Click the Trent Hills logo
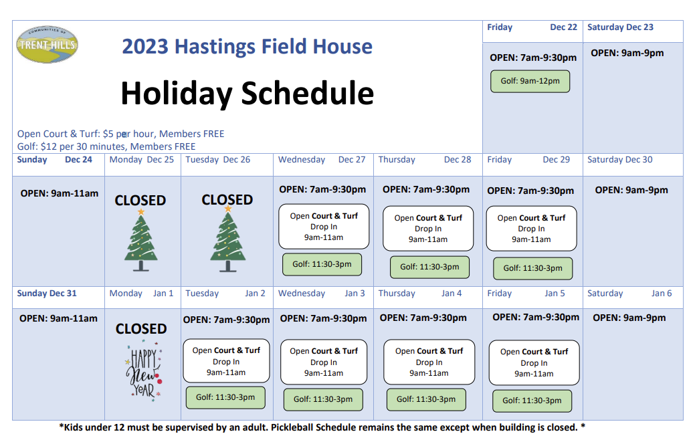pos(47,45)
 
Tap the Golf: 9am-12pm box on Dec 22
pos(530,81)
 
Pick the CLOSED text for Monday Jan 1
pos(141,329)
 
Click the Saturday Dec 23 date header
pos(620,27)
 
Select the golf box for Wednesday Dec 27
pos(322,264)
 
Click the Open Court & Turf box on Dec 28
pos(428,229)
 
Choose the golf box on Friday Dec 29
pos(532,267)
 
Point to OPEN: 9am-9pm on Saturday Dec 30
pos(631,190)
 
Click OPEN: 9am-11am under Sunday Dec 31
pos(58,318)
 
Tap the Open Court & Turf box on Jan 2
pos(226,361)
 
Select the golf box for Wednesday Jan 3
pos(323,399)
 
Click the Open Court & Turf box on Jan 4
pos(429,362)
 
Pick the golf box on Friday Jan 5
pos(532,401)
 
